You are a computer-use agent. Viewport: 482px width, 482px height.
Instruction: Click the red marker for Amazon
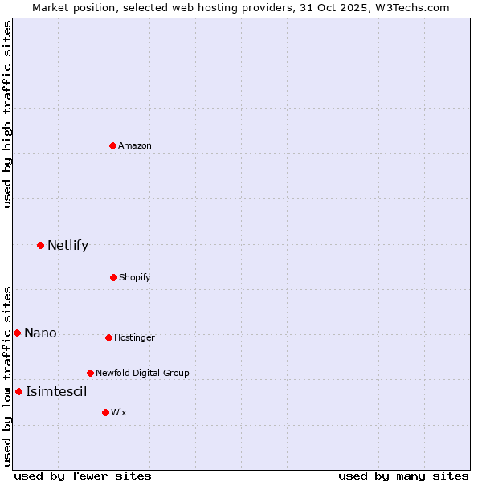point(113,145)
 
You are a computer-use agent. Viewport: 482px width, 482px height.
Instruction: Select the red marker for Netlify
point(40,245)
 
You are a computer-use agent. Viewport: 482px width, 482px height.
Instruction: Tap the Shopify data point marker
point(113,277)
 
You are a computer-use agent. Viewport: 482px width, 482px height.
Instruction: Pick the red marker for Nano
point(17,333)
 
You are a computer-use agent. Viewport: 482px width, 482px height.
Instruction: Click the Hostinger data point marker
point(108,337)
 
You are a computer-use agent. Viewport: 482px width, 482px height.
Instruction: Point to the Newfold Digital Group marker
point(90,373)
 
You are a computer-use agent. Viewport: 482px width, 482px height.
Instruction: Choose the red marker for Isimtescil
point(18,391)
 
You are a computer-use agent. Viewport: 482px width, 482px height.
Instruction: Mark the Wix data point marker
point(105,412)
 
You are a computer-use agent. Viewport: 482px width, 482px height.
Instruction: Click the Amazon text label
point(135,145)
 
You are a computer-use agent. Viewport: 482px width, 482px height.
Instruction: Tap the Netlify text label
point(67,245)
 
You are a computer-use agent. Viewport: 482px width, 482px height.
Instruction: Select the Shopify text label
point(135,277)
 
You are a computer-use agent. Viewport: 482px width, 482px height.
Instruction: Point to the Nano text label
point(40,333)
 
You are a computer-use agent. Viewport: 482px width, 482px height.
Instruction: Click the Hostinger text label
point(134,337)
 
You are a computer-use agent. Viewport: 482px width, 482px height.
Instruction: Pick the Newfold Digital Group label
point(142,373)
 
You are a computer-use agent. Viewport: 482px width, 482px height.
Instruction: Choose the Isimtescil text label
point(56,391)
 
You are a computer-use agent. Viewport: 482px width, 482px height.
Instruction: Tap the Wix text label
point(119,412)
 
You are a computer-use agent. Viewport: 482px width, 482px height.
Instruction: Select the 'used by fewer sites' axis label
point(83,476)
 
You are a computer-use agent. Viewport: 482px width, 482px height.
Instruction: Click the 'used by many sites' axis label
point(403,476)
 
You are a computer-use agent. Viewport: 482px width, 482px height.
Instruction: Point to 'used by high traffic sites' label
point(7,114)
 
